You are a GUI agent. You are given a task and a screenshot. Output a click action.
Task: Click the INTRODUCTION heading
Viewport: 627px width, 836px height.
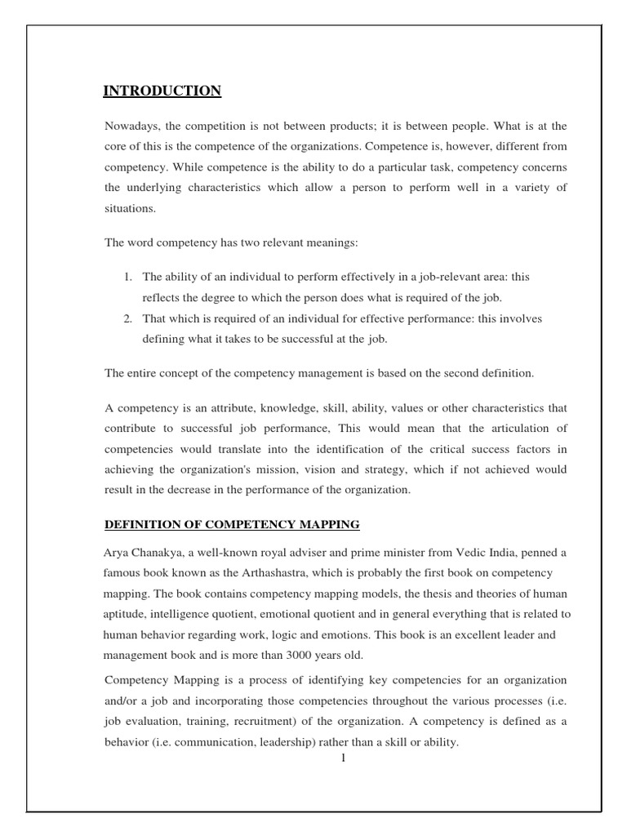pyautogui.click(x=162, y=91)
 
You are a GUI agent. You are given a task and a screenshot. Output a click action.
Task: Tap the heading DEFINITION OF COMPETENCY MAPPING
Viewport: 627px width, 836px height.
pyautogui.click(x=232, y=523)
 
